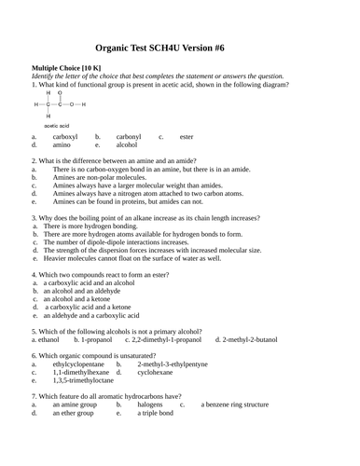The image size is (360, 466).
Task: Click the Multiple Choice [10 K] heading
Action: click(65, 68)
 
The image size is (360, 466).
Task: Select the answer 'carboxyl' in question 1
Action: click(65, 137)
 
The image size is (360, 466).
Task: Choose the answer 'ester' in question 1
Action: click(187, 137)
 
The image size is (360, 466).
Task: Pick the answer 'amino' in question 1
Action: click(62, 145)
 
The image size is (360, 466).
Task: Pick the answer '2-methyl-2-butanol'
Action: click(247, 340)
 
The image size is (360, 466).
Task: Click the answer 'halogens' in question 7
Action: click(150, 404)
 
